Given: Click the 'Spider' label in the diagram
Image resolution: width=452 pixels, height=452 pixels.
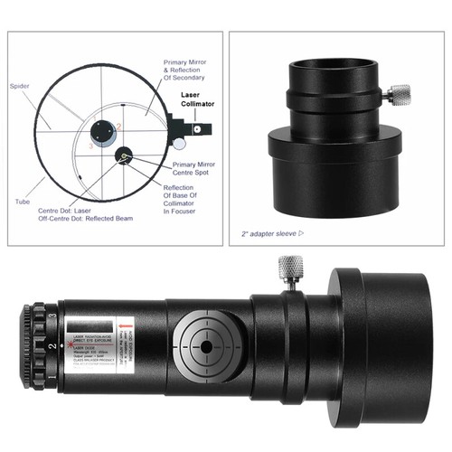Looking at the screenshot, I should [x=19, y=87].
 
